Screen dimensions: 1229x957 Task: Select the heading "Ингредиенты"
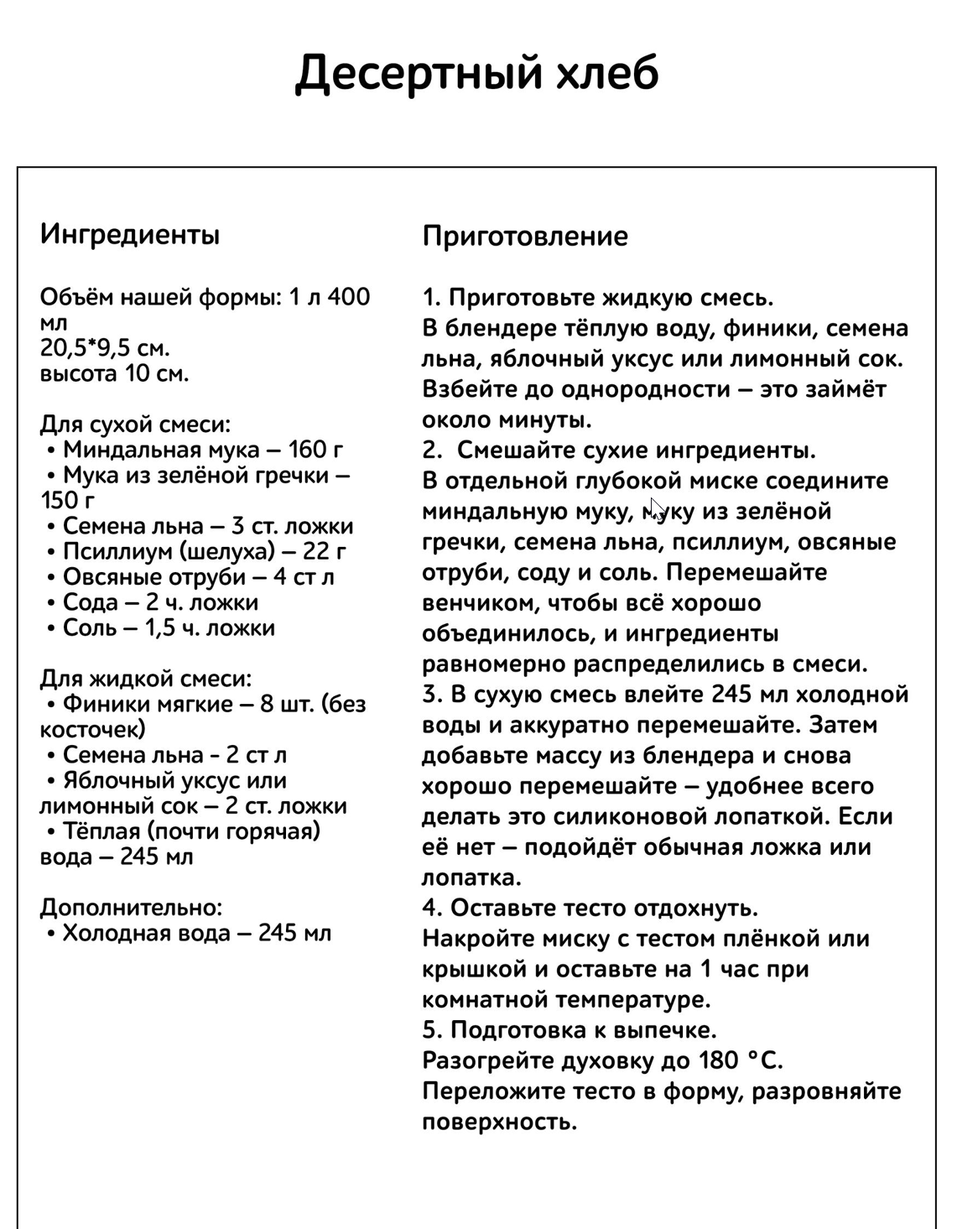pos(130,234)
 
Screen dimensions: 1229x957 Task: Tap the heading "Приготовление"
pos(525,236)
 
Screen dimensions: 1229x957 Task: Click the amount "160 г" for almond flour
pos(315,450)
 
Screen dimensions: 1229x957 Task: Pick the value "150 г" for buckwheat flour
pos(68,501)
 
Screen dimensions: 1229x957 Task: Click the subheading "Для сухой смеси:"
pos(135,424)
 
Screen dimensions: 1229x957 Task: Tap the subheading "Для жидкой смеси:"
pos(145,678)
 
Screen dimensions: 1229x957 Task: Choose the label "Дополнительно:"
pos(132,907)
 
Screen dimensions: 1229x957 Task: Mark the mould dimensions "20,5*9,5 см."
pos(105,348)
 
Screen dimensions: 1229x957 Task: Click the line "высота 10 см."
pos(114,373)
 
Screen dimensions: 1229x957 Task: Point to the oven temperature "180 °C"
pos(740,1060)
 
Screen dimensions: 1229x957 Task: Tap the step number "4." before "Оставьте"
pos(432,908)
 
